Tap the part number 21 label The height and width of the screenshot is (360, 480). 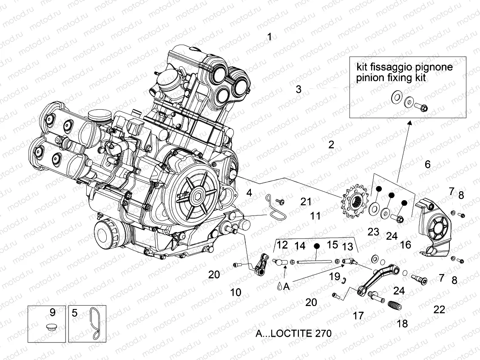306,201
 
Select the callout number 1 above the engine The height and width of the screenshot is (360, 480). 269,37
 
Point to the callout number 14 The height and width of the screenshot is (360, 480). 300,246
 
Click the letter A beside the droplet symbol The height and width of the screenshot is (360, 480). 286,286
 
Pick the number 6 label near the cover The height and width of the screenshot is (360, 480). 427,164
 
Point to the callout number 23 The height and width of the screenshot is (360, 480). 373,232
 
